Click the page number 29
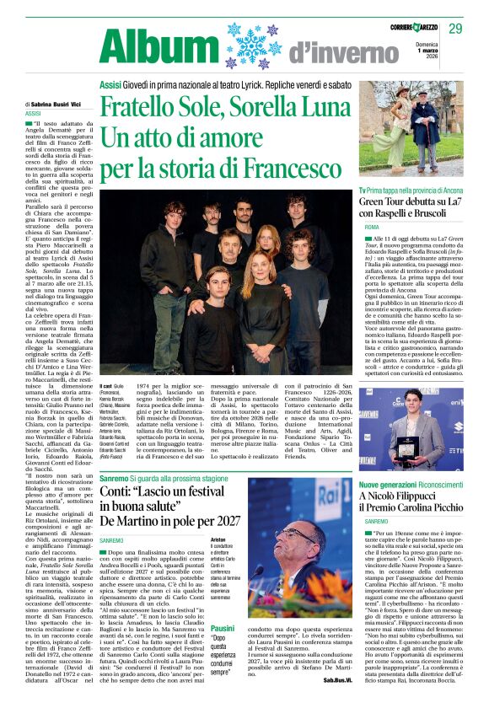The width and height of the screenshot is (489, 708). tap(456, 29)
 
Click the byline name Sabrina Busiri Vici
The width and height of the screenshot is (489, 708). tap(58, 104)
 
